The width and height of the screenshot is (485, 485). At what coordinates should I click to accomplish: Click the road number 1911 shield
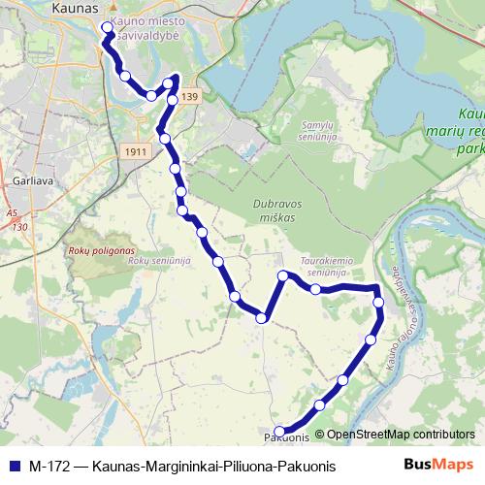pyautogui.click(x=137, y=153)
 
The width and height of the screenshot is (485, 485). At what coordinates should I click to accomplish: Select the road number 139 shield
pyautogui.click(x=189, y=97)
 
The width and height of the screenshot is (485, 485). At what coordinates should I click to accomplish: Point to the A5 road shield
pyautogui.click(x=11, y=211)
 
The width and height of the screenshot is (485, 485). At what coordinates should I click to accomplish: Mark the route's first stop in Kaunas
pyautogui.click(x=107, y=28)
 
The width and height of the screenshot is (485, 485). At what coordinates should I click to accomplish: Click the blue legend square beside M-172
pyautogui.click(x=14, y=467)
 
